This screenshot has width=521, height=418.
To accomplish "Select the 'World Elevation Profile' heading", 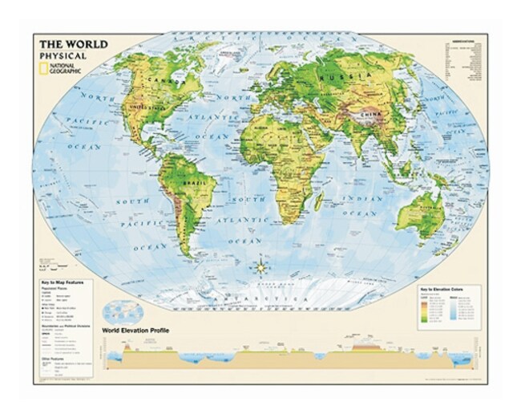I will (x=135, y=330).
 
